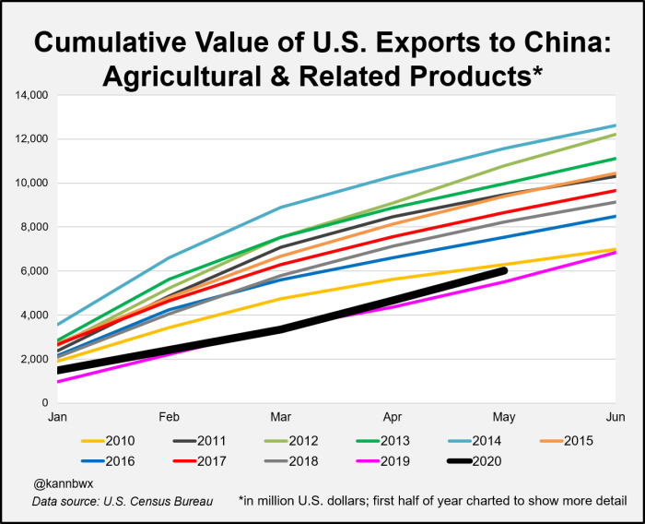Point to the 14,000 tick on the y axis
(x=32, y=95)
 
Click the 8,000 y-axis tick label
(x=35, y=227)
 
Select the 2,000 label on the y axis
(x=35, y=359)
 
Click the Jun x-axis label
(x=616, y=417)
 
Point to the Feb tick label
(x=169, y=417)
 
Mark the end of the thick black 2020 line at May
(x=503, y=270)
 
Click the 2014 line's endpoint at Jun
(x=616, y=125)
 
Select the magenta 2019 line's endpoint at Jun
(x=616, y=252)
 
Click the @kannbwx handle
(x=62, y=482)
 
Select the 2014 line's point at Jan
(x=57, y=325)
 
